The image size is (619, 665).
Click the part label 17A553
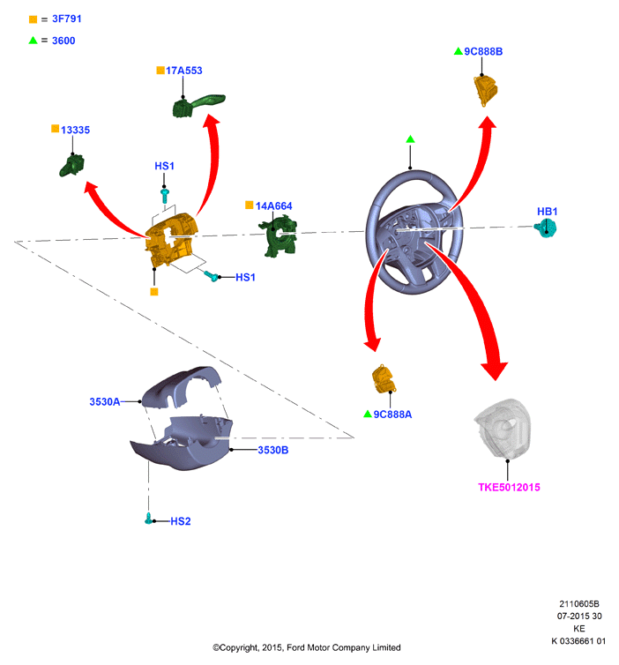(183, 71)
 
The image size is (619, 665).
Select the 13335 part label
(75, 130)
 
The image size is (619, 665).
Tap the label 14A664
(273, 206)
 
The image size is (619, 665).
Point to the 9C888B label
(483, 51)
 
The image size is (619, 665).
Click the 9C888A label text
(392, 415)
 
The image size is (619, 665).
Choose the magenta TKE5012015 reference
(509, 488)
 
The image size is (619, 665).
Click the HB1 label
(547, 211)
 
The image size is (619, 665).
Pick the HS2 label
(181, 521)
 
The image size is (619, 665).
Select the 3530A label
(105, 401)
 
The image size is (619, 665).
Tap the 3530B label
(273, 450)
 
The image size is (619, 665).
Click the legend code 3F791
(66, 19)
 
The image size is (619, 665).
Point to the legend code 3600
(63, 41)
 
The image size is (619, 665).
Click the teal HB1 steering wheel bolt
(546, 229)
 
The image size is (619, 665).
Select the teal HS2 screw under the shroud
(149, 519)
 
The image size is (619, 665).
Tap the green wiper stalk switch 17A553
(198, 105)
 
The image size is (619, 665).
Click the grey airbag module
(503, 429)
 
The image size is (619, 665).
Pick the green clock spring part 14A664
(279, 235)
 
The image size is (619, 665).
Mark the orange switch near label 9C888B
(486, 90)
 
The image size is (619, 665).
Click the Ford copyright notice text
(307, 647)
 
